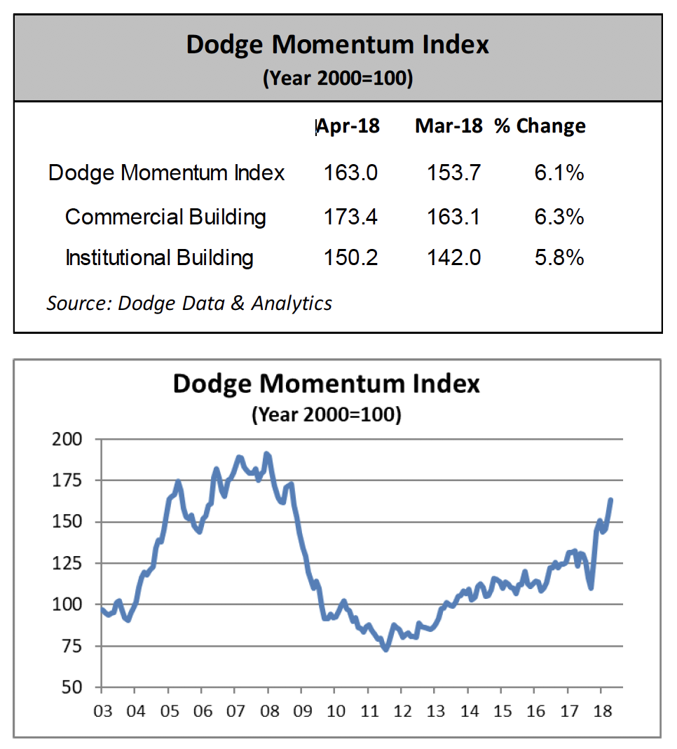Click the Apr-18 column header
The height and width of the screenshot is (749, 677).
pyautogui.click(x=348, y=126)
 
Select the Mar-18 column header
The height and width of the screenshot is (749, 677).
pyautogui.click(x=449, y=126)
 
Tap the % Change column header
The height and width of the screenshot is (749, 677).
pyautogui.click(x=540, y=126)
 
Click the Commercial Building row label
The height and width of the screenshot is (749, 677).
pyautogui.click(x=165, y=217)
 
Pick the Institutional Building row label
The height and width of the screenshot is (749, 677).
pyautogui.click(x=159, y=258)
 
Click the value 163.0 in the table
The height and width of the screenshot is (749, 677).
pyautogui.click(x=350, y=173)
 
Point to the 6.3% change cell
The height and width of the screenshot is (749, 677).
pyautogui.click(x=559, y=217)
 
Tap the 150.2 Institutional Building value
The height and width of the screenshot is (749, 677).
pyautogui.click(x=350, y=258)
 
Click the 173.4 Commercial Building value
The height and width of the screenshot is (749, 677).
pyautogui.click(x=350, y=217)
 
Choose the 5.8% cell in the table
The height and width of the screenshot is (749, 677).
pyautogui.click(x=559, y=258)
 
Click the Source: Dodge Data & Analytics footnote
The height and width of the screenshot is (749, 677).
pyautogui.click(x=189, y=303)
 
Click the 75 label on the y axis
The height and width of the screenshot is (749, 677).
pyautogui.click(x=73, y=647)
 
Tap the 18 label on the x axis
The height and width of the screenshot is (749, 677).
pyautogui.click(x=601, y=711)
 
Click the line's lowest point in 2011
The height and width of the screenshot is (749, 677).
pyautogui.click(x=385, y=649)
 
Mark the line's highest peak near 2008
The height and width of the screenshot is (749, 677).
pyautogui.click(x=266, y=454)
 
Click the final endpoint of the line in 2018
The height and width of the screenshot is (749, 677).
pyautogui.click(x=610, y=500)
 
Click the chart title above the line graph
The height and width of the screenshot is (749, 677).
pyautogui.click(x=326, y=384)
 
